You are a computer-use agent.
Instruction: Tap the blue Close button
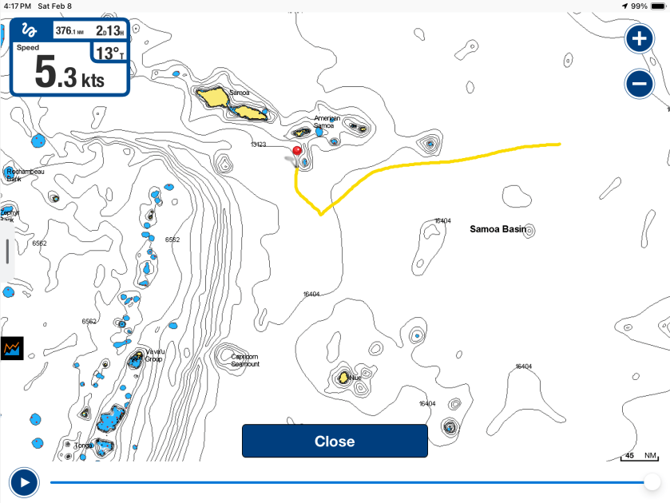pos(335,442)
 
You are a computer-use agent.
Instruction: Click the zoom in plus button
pos(639,38)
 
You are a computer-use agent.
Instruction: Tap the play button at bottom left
pos(25,482)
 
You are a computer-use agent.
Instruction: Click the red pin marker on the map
pos(297,150)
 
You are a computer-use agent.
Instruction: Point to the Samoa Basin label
pos(498,229)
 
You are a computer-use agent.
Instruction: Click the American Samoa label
pos(327,121)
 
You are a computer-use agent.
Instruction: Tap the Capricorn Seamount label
pos(244,359)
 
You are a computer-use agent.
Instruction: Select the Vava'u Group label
pos(154,355)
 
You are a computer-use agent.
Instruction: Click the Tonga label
pos(83,446)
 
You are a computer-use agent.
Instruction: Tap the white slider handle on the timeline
pos(652,482)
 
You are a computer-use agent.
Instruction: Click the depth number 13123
pos(258,145)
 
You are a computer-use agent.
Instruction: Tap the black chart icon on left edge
pos(12,348)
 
